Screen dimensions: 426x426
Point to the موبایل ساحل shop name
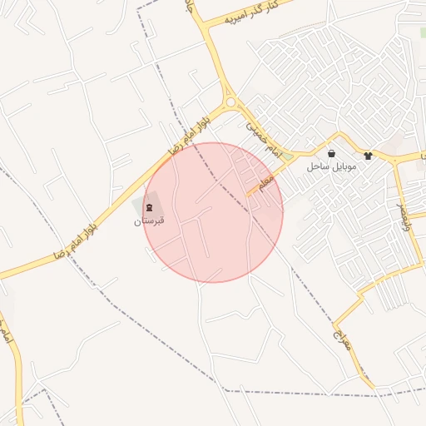(331, 167)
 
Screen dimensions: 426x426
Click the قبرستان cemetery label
(150, 222)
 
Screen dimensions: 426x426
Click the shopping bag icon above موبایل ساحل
(332, 154)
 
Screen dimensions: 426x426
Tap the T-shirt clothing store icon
(368, 155)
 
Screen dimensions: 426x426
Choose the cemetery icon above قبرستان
(150, 207)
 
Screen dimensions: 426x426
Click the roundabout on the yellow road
(230, 102)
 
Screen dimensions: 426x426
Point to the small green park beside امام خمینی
(288, 156)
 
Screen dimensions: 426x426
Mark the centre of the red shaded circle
(213, 212)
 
